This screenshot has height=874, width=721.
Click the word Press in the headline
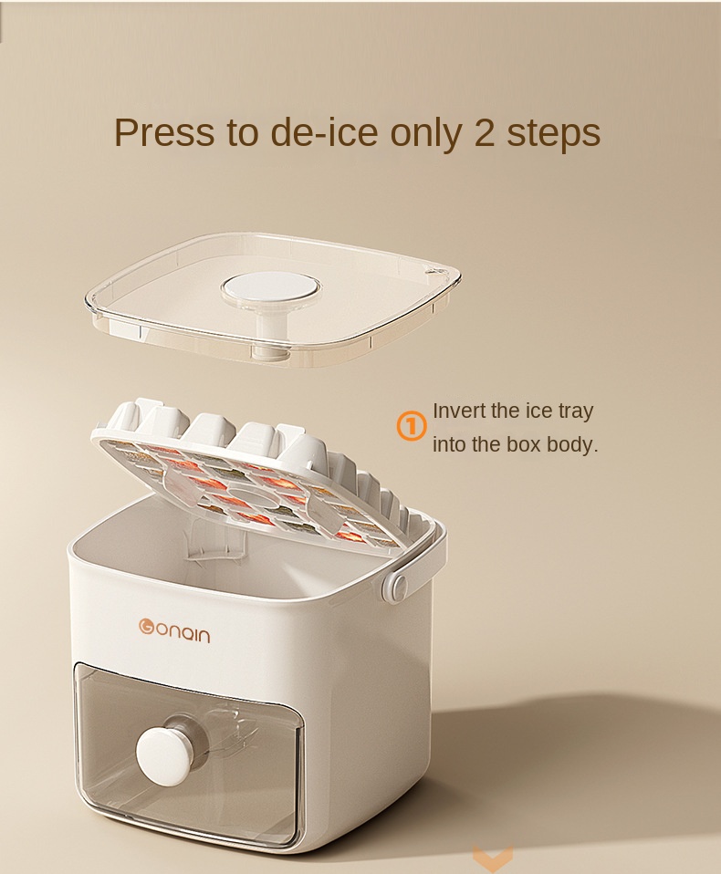point(164,132)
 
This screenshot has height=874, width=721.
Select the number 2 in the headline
point(484,132)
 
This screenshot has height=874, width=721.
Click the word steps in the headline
point(553,134)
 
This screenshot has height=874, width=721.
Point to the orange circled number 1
point(412,426)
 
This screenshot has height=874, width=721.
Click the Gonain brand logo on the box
point(174,631)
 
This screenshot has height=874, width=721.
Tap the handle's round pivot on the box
point(397,586)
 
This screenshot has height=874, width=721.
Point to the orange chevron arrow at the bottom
point(493,858)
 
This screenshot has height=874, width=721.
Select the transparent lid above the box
point(272,298)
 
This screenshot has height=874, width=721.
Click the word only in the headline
point(425,134)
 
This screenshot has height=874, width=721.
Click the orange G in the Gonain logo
point(146,626)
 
